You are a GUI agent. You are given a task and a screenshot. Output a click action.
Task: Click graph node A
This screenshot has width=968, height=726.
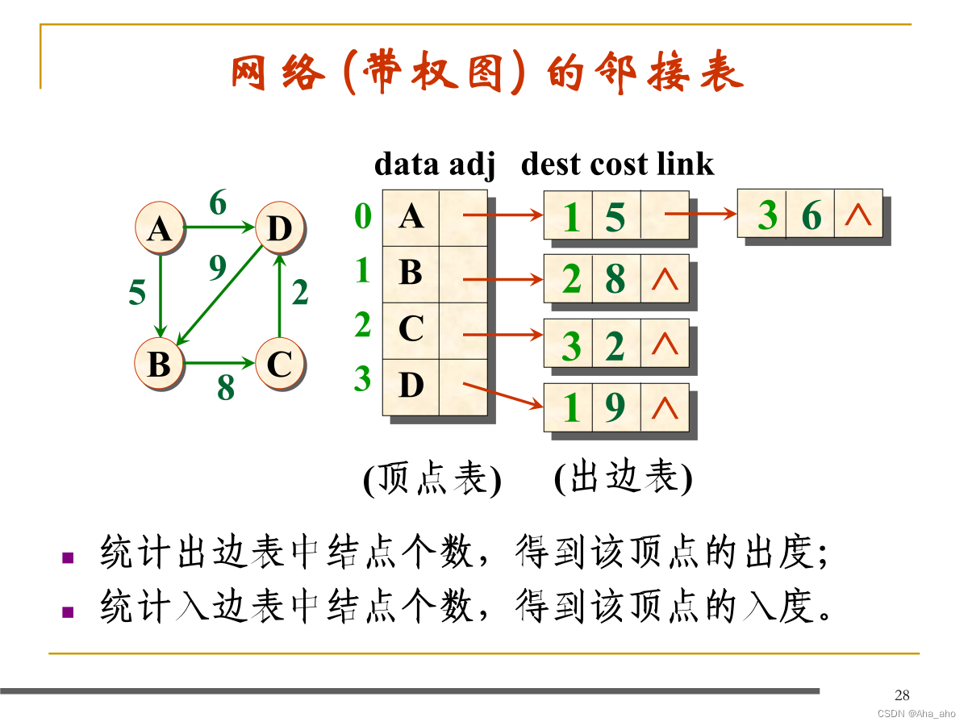pyautogui.click(x=160, y=229)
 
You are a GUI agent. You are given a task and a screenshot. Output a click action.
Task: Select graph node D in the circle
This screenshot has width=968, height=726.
pyautogui.click(x=279, y=229)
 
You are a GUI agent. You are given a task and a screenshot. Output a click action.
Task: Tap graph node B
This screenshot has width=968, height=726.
pyautogui.click(x=160, y=364)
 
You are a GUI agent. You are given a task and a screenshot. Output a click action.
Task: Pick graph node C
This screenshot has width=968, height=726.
pyautogui.click(x=279, y=364)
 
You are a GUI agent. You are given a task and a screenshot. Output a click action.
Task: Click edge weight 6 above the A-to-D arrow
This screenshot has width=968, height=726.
pyautogui.click(x=218, y=203)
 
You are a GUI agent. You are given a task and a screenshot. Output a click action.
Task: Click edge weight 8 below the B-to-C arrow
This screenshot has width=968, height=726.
pyautogui.click(x=225, y=389)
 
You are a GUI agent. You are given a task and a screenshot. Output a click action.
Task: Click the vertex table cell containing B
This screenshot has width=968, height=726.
pyautogui.click(x=411, y=273)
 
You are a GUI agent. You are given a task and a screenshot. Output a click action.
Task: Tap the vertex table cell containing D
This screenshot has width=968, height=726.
pyautogui.click(x=411, y=386)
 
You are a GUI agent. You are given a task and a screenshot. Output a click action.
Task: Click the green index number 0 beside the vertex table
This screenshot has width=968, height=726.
pyautogui.click(x=363, y=216)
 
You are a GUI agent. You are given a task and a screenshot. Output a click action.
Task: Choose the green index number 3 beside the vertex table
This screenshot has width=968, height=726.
pyautogui.click(x=363, y=378)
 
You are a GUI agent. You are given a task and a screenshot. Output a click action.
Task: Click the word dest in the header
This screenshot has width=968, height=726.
pyautogui.click(x=550, y=164)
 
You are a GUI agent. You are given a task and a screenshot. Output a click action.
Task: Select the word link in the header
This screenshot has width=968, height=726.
pyautogui.click(x=685, y=164)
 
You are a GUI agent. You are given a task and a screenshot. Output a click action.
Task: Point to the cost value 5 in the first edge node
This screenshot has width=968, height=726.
pyautogui.click(x=615, y=216)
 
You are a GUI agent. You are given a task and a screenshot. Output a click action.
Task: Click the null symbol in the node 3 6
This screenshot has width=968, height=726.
pyautogui.click(x=857, y=214)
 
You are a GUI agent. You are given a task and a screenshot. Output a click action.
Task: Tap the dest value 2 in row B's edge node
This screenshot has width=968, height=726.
pyautogui.click(x=571, y=280)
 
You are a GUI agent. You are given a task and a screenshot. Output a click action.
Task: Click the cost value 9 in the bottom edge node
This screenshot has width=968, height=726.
pyautogui.click(x=615, y=408)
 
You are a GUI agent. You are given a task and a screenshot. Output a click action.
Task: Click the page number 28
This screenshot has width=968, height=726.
pyautogui.click(x=902, y=695)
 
